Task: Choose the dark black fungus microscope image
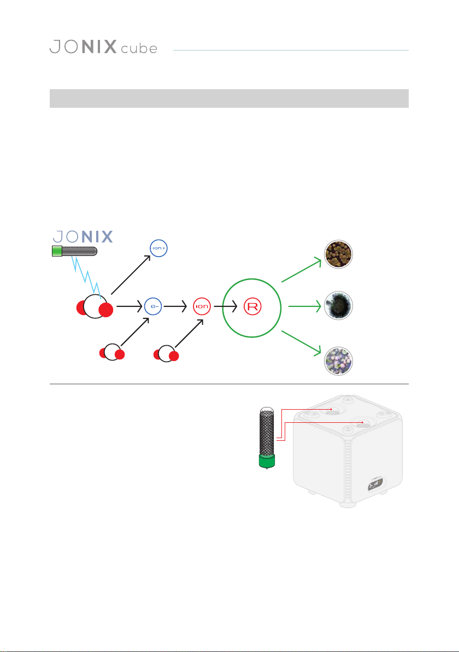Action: [338, 306]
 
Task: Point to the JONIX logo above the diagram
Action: [81, 236]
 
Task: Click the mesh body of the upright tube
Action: [267, 429]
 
